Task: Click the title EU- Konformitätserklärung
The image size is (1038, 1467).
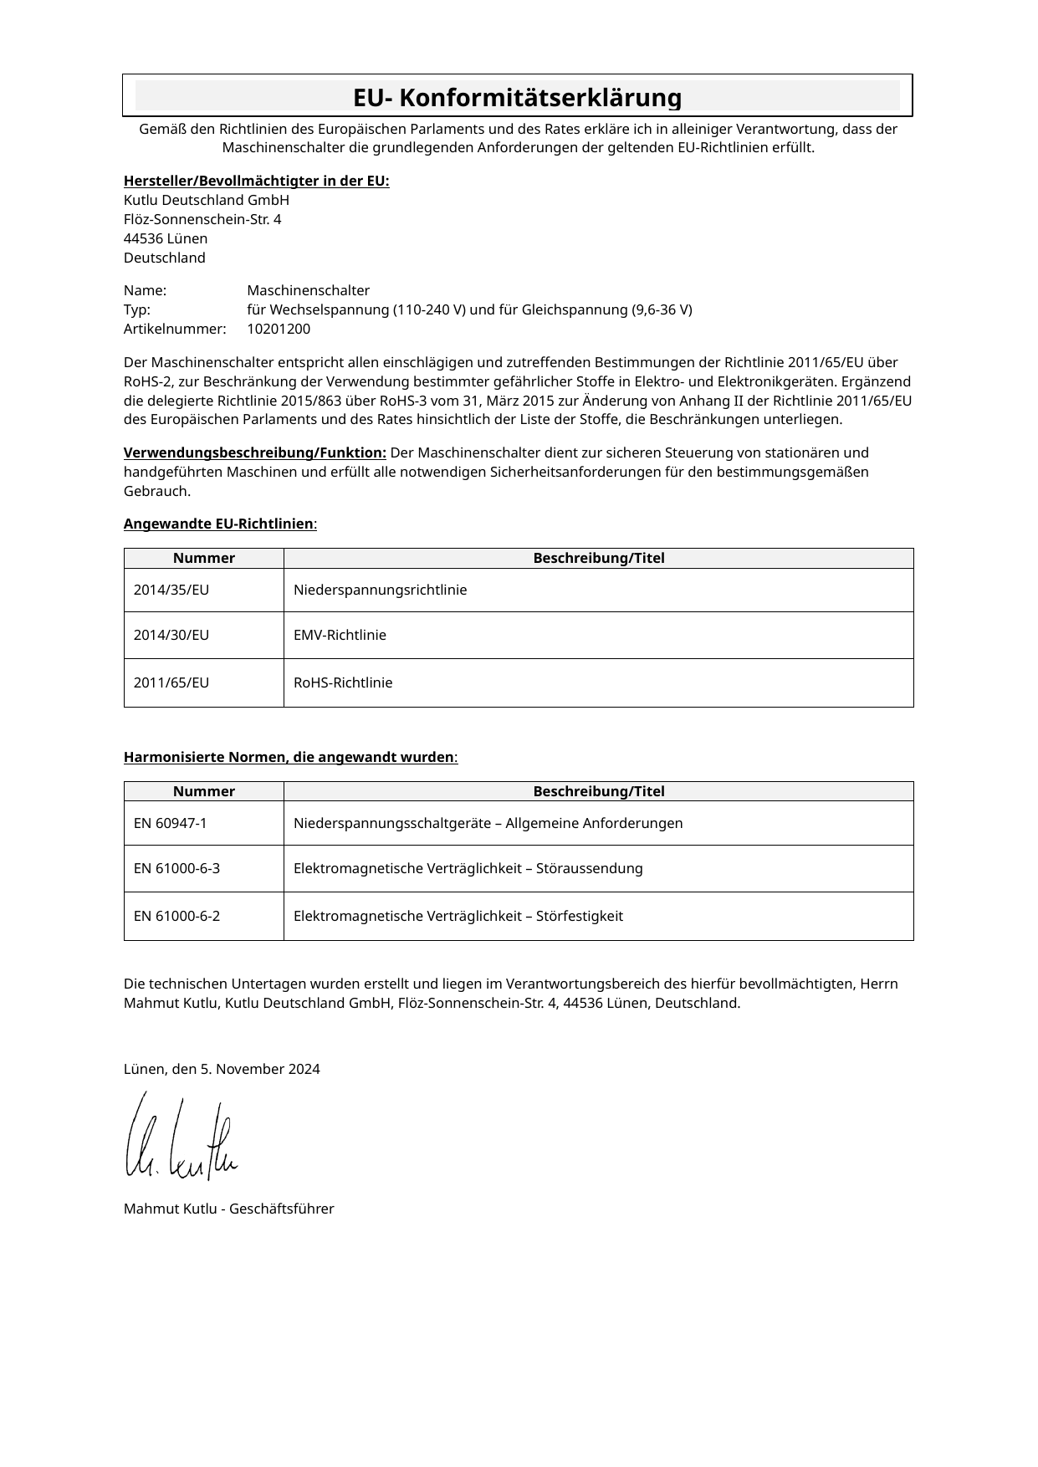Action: point(517,98)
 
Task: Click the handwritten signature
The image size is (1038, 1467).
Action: point(182,1137)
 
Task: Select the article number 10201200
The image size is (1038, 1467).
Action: point(279,330)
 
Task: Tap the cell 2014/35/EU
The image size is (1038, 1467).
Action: point(171,590)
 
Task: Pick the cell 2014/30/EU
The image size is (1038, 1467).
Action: point(171,636)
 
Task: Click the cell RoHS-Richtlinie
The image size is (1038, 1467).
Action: point(343,683)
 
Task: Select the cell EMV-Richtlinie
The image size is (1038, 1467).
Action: point(340,636)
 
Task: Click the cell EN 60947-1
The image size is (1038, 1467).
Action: point(171,824)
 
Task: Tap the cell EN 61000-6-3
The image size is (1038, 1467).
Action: point(176,869)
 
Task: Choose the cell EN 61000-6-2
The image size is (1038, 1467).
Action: point(176,917)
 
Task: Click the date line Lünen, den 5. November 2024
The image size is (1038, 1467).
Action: point(222,1070)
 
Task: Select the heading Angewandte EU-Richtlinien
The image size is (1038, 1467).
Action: point(219,524)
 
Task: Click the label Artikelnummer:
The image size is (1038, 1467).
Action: point(175,330)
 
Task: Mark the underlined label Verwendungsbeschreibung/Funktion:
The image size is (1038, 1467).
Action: point(254,453)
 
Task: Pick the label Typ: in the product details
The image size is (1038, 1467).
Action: point(137,310)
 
